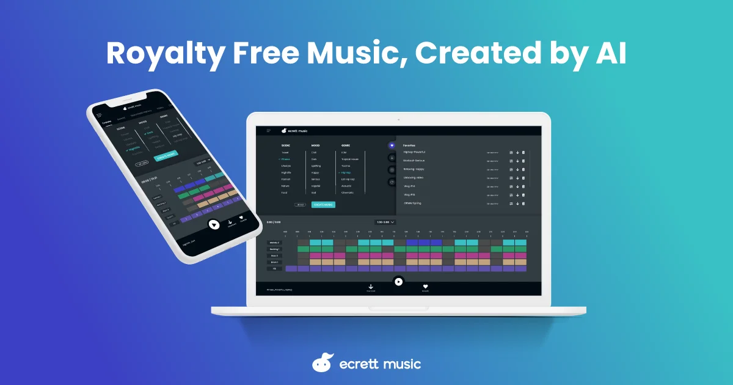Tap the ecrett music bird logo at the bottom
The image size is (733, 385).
pyautogui.click(x=323, y=363)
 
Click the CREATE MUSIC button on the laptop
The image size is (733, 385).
pyautogui.click(x=323, y=205)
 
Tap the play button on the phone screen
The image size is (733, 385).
pyautogui.click(x=214, y=225)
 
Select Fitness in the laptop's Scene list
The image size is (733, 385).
pyautogui.click(x=286, y=159)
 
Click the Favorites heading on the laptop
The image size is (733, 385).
pyautogui.click(x=409, y=145)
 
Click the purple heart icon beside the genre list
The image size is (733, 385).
pyautogui.click(x=392, y=145)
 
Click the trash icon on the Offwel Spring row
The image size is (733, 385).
pyautogui.click(x=523, y=203)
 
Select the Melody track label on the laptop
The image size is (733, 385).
pyautogui.click(x=274, y=243)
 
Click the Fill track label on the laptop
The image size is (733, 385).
pyautogui.click(x=274, y=268)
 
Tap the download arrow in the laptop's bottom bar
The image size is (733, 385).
pyautogui.click(x=371, y=286)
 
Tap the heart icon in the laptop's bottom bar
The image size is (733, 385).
pyautogui.click(x=425, y=286)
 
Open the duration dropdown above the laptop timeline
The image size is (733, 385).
pyautogui.click(x=385, y=222)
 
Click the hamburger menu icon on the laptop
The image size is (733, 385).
pyautogui.click(x=269, y=130)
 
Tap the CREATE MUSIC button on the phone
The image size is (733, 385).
pyautogui.click(x=166, y=156)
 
